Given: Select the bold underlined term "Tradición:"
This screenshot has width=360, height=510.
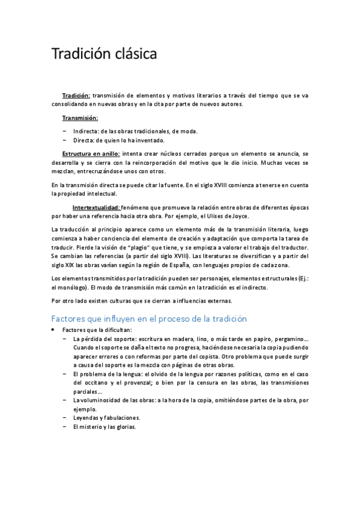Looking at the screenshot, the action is [76, 96].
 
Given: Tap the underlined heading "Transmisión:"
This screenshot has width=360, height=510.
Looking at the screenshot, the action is [80, 118].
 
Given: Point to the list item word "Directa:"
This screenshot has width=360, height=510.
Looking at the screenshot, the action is [84, 140].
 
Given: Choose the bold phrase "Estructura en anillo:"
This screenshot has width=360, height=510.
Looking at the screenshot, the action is [91, 153].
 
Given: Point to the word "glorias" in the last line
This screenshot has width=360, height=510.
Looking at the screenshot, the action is [126, 427].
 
